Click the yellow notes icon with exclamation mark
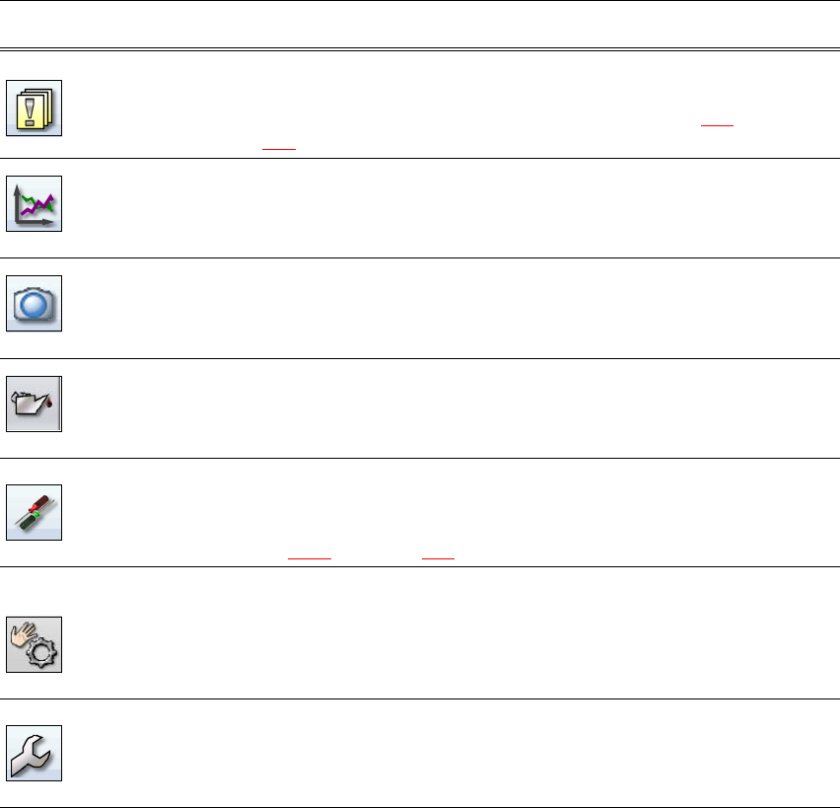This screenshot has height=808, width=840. [35, 108]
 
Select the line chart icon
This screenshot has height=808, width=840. [35, 204]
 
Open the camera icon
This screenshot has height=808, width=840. [35, 303]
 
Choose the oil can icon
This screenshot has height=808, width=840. [35, 403]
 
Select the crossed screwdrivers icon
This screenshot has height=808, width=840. [35, 510]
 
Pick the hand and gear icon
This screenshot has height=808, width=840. [35, 645]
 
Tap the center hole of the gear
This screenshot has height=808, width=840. [43, 656]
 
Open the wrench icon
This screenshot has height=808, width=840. [35, 753]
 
